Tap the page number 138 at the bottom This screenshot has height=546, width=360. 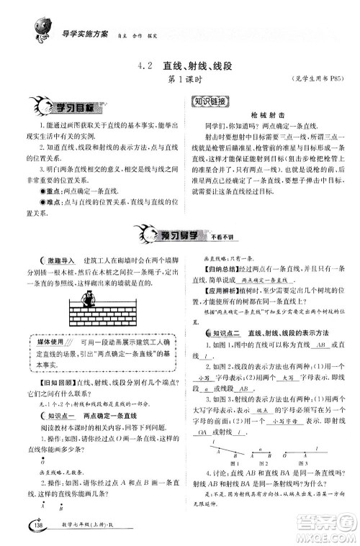(x=37, y=530)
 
